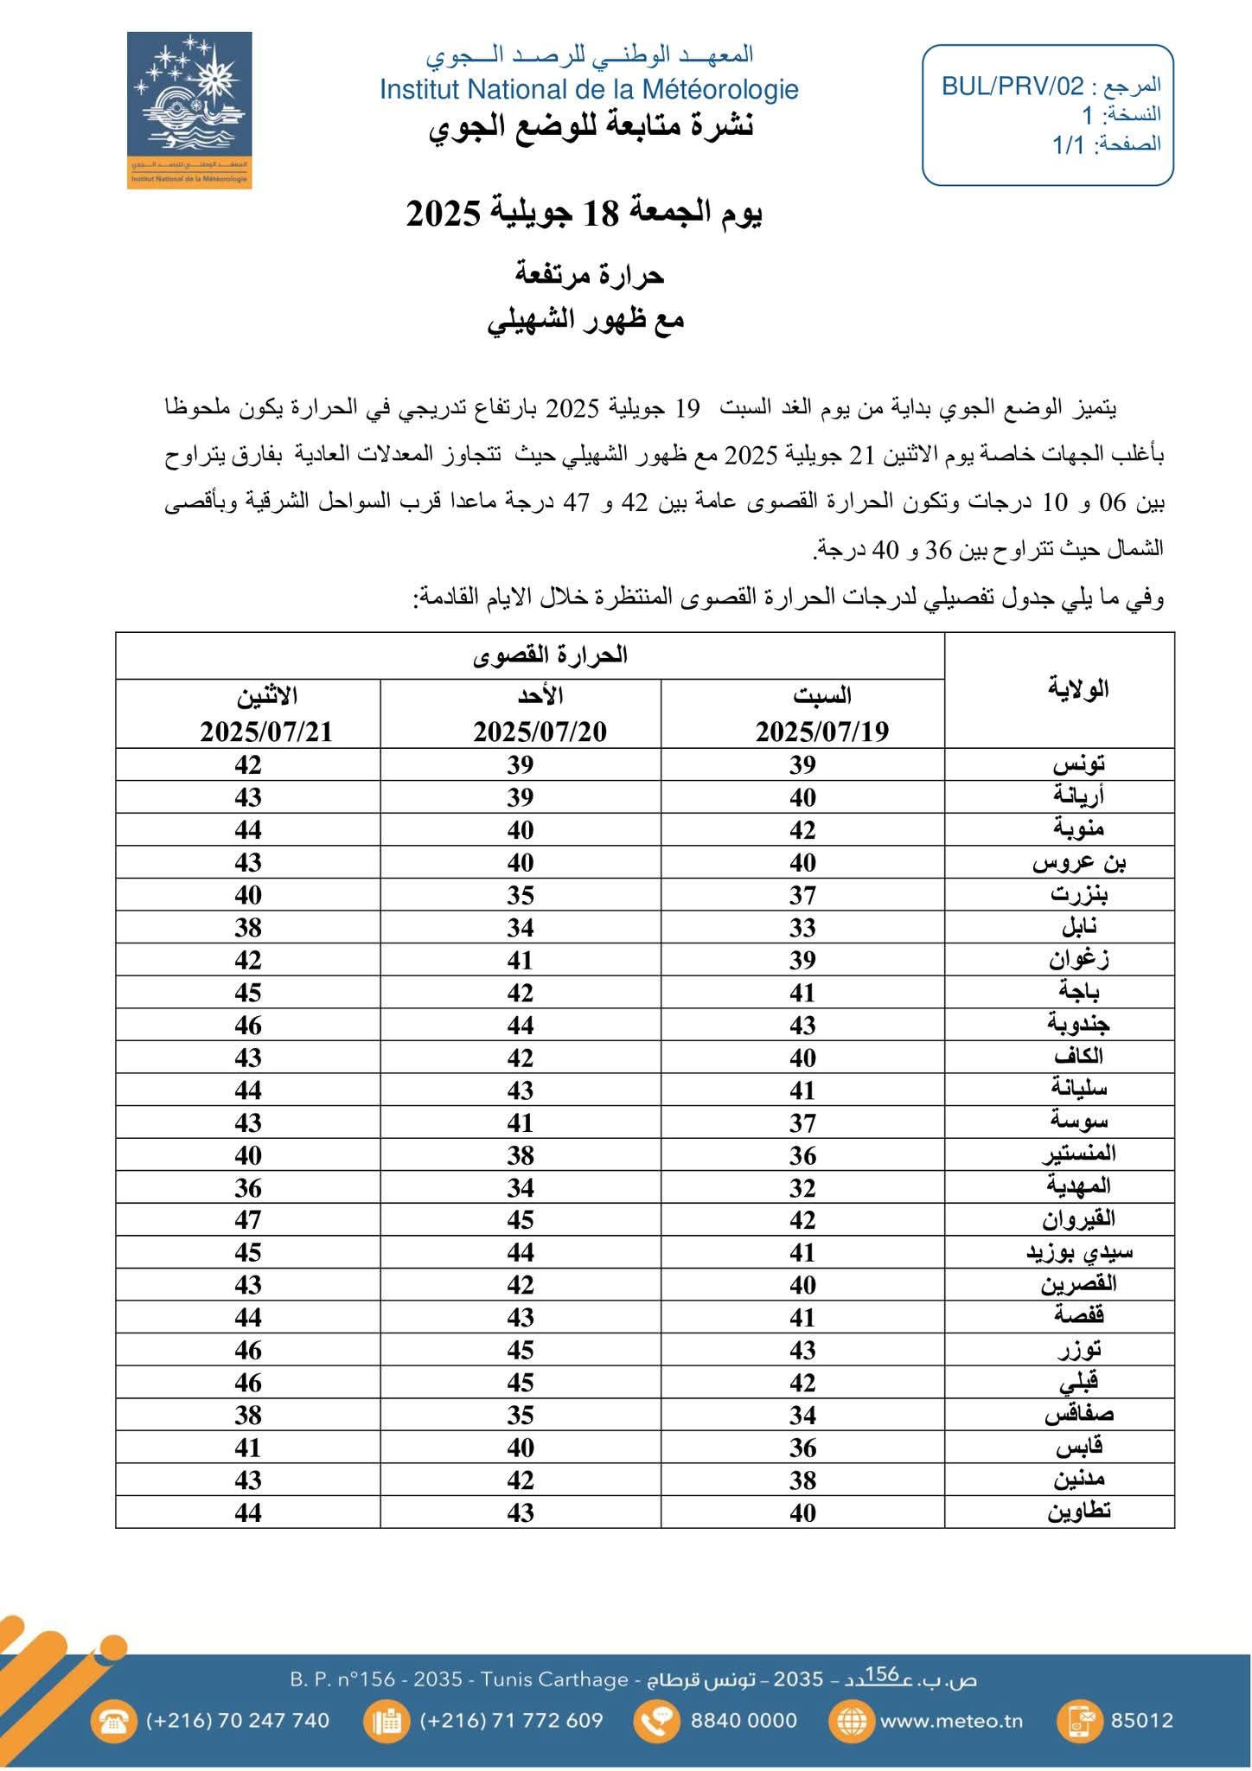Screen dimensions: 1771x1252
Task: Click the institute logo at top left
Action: (189, 110)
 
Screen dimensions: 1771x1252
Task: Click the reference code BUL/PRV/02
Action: (1012, 86)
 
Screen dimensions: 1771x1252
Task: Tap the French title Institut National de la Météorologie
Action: (589, 89)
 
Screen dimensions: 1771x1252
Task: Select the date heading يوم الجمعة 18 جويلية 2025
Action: (584, 214)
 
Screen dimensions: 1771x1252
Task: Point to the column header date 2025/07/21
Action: (266, 732)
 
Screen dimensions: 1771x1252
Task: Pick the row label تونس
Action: (1079, 764)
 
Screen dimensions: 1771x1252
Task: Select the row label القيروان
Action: (1078, 1219)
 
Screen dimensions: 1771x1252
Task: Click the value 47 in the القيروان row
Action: (248, 1219)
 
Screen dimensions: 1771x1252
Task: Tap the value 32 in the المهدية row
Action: (802, 1187)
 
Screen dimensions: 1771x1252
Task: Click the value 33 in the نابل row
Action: (802, 927)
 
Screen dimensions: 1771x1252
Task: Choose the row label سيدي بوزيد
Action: (1079, 1252)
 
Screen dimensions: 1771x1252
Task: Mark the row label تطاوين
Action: (1079, 1512)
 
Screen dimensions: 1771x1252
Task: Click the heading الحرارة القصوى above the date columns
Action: (550, 655)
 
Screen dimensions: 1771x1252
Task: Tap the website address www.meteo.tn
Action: (951, 1721)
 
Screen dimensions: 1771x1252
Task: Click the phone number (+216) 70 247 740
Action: (238, 1721)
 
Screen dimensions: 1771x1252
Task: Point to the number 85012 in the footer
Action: (1141, 1721)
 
